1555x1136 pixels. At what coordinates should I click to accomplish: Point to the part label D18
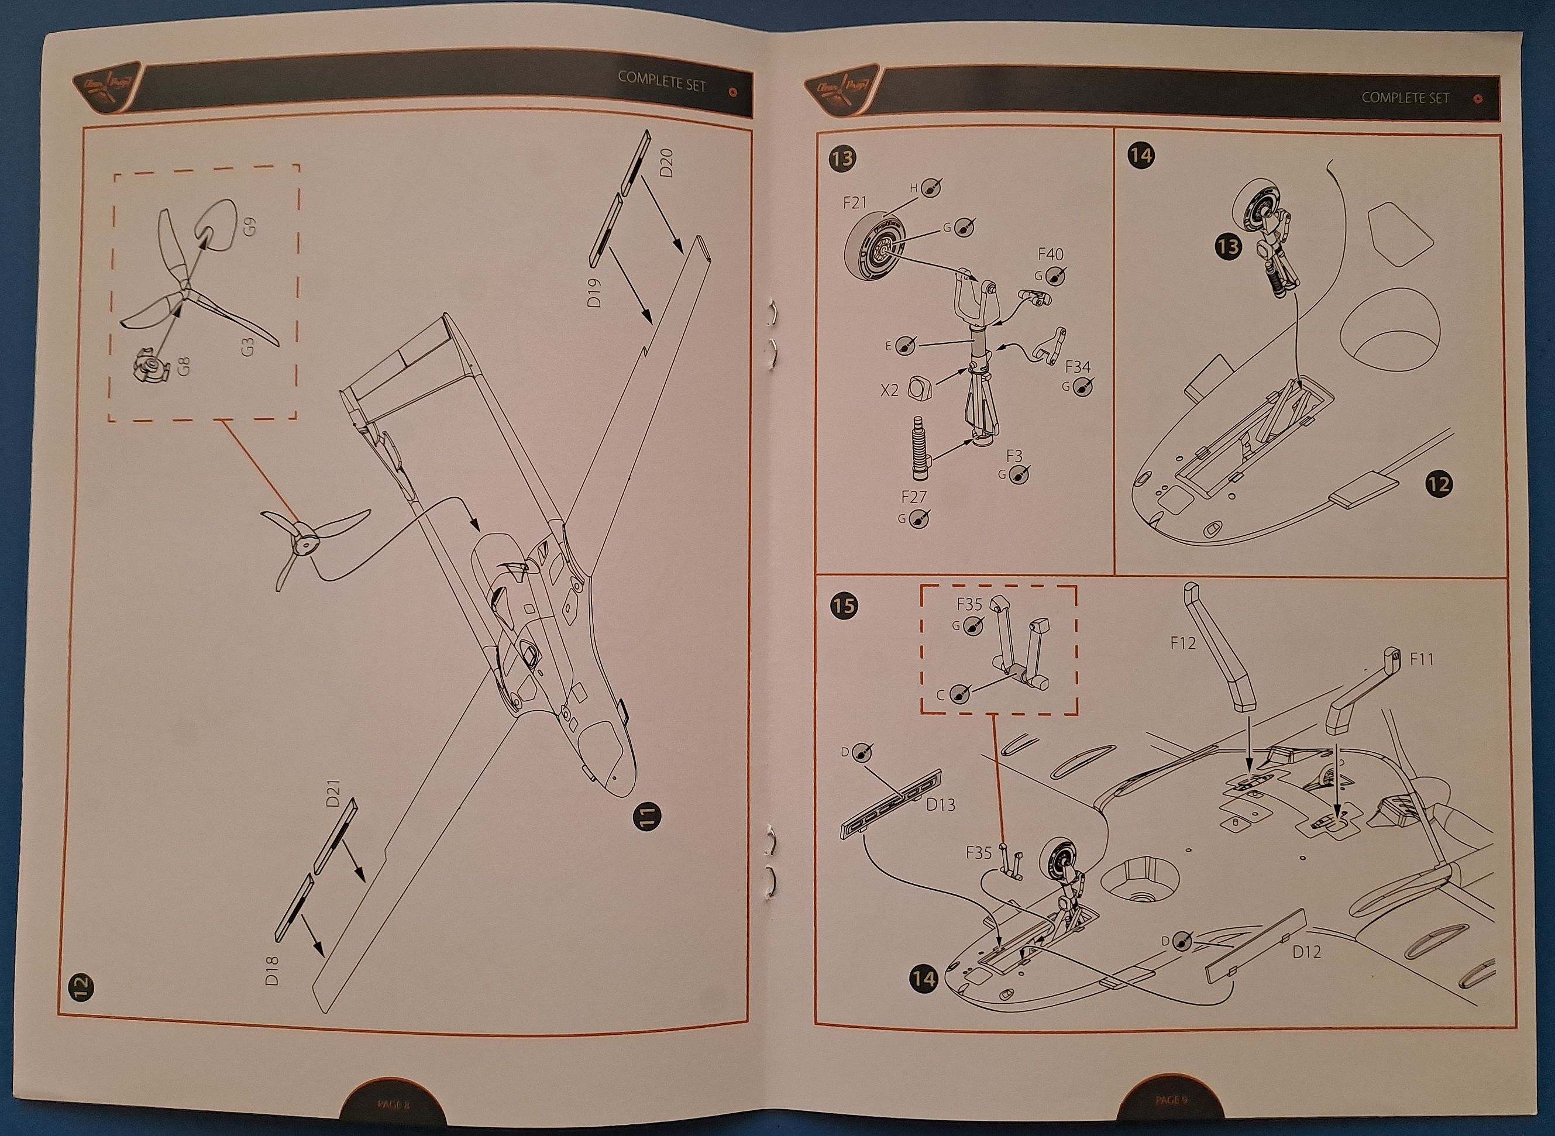pyautogui.click(x=273, y=970)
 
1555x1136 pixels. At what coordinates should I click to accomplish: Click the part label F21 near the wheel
pyautogui.click(x=855, y=203)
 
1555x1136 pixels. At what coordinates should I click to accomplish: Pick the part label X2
pyautogui.click(x=889, y=390)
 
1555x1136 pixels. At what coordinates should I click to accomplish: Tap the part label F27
pyautogui.click(x=914, y=497)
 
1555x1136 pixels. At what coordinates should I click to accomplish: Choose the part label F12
pyautogui.click(x=1183, y=643)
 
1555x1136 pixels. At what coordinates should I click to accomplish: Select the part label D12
pyautogui.click(x=1306, y=952)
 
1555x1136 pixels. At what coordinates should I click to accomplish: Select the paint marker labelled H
pyautogui.click(x=932, y=187)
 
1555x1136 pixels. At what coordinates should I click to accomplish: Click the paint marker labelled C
pyautogui.click(x=959, y=694)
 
